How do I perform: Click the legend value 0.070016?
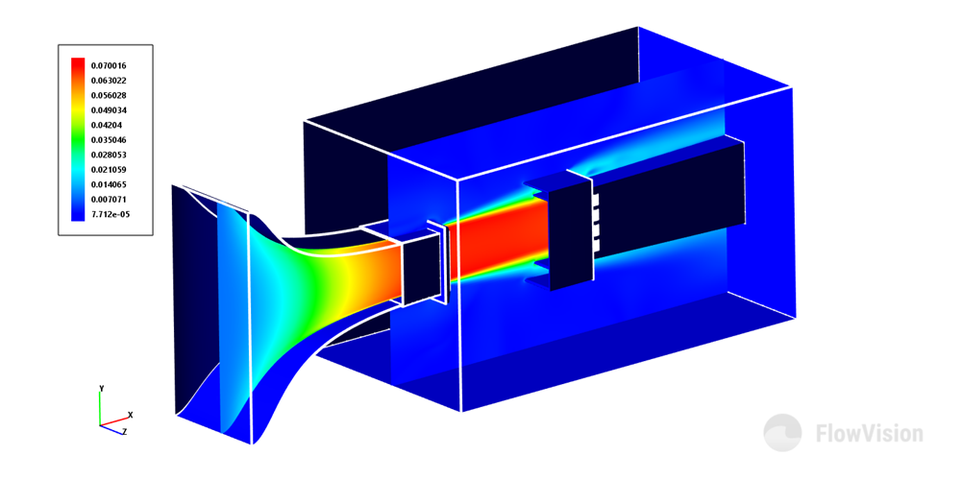(109, 65)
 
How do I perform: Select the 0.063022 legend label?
(109, 81)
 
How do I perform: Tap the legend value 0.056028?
(109, 95)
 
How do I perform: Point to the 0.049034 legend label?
(109, 110)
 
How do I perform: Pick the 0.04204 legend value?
(107, 125)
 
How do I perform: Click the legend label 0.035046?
(109, 139)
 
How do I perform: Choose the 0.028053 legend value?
(109, 155)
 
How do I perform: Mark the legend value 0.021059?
(109, 170)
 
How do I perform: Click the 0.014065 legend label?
(109, 184)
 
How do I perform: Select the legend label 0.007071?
(109, 199)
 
